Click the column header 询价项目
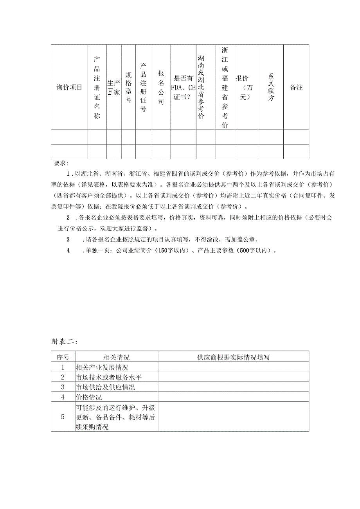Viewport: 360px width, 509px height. click(x=69, y=87)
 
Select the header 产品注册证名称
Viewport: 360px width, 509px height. click(x=97, y=87)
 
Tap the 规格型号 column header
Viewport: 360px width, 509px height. click(x=128, y=87)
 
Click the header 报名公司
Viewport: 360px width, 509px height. click(x=161, y=87)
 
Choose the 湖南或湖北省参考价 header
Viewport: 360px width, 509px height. click(x=201, y=87)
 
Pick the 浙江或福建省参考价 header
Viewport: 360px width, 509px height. click(x=225, y=87)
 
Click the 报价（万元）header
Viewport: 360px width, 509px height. click(x=245, y=87)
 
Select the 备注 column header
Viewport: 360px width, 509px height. click(x=296, y=87)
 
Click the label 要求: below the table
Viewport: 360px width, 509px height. click(x=61, y=163)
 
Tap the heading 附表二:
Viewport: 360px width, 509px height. click(x=64, y=341)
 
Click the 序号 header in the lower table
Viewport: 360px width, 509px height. click(x=63, y=357)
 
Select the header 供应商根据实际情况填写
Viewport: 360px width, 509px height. click(x=233, y=357)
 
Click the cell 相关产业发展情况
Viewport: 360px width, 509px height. click(x=102, y=367)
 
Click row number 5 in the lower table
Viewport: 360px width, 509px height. click(x=63, y=417)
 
